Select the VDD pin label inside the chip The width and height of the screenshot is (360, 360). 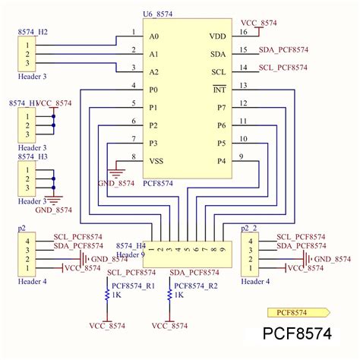point(217,36)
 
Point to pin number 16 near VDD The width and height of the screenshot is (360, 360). point(242,32)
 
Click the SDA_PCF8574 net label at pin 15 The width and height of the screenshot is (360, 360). point(283,50)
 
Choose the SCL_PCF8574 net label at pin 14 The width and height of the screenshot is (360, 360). point(283,68)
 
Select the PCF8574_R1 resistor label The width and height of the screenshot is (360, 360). point(133,286)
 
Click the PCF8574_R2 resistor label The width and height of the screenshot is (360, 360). point(196,286)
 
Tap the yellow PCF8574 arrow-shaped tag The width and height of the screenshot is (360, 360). point(297,311)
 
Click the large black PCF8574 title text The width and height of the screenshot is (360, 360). point(297,334)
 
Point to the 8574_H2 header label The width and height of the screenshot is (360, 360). point(33,33)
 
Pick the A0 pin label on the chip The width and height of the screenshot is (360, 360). point(154,36)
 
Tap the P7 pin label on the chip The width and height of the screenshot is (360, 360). point(221,108)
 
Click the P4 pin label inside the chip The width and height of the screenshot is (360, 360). point(221,161)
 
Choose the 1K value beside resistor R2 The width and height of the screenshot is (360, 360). point(180,295)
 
